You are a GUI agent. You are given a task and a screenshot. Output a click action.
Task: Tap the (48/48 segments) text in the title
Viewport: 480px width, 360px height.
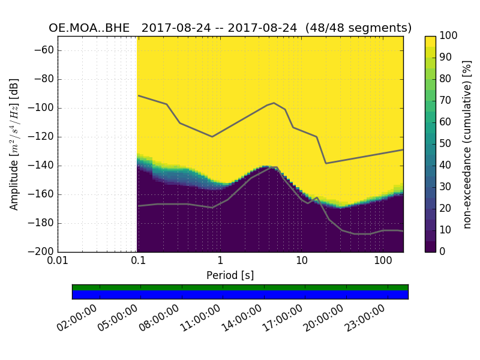coord(358,28)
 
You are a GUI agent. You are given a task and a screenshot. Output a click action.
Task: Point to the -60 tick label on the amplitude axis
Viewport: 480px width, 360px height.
coord(43,50)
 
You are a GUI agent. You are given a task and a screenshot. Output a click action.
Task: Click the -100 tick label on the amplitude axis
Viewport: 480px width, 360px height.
coord(41,108)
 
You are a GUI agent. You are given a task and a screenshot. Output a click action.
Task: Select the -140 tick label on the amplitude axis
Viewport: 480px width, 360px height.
coord(41,166)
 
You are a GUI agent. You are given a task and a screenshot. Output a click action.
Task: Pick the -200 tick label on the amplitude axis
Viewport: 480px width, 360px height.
coord(41,251)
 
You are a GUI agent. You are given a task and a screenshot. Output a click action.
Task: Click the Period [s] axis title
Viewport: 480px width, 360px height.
coord(230,275)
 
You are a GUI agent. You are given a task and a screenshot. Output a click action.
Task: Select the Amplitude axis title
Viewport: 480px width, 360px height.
coord(14,144)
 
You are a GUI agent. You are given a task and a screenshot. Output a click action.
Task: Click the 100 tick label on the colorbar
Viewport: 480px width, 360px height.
coord(448,36)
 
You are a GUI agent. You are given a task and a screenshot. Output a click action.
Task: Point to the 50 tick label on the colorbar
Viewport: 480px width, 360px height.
coord(446,143)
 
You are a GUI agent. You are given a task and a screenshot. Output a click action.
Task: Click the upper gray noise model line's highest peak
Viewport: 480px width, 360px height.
coord(274,103)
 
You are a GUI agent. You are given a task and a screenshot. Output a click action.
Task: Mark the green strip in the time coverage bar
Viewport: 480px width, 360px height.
coord(240,287)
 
